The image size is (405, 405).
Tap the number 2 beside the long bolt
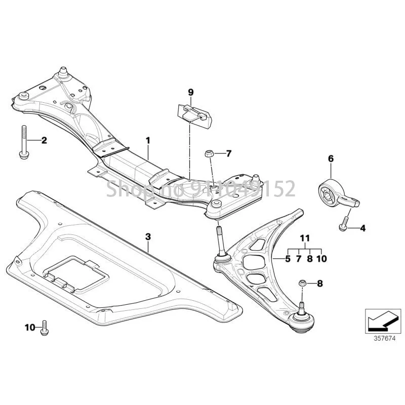coord(44,140)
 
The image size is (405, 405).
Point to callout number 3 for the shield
coord(148,236)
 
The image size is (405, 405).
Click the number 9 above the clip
coord(191,92)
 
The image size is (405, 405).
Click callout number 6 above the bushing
coord(331,159)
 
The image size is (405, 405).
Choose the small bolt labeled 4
coord(344,222)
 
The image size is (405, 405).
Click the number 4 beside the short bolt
coord(362,228)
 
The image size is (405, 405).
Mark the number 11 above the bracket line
coord(304,238)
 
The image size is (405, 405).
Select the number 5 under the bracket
coord(288,259)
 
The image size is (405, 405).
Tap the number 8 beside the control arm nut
coord(319,283)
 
